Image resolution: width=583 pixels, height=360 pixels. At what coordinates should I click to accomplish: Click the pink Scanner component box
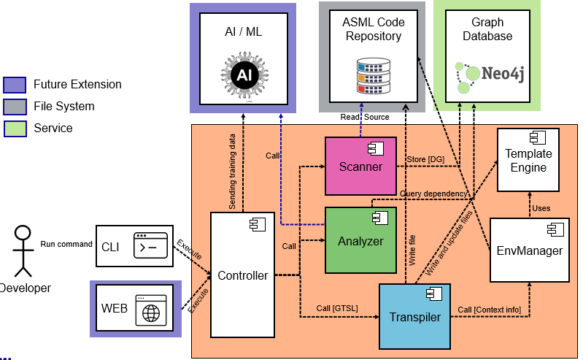coord(360,166)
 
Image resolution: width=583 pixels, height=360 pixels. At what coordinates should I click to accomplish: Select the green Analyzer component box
coord(360,240)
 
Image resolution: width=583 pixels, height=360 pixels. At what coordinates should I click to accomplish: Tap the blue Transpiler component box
coord(414,315)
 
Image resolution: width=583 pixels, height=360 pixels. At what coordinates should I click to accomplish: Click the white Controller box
coord(242,275)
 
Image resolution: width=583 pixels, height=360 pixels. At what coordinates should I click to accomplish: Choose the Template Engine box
coord(528,160)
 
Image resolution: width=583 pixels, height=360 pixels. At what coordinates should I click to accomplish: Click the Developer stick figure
coord(23,248)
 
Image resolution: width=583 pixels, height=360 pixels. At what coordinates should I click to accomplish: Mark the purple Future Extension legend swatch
coord(15,85)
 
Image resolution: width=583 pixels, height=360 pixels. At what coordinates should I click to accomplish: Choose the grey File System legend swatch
coord(15,107)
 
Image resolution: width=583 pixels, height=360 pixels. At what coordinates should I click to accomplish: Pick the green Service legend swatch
coord(15,129)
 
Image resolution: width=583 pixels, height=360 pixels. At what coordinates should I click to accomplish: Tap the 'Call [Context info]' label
coord(490,310)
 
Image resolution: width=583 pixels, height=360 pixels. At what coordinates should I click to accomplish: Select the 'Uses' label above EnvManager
coord(541,208)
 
